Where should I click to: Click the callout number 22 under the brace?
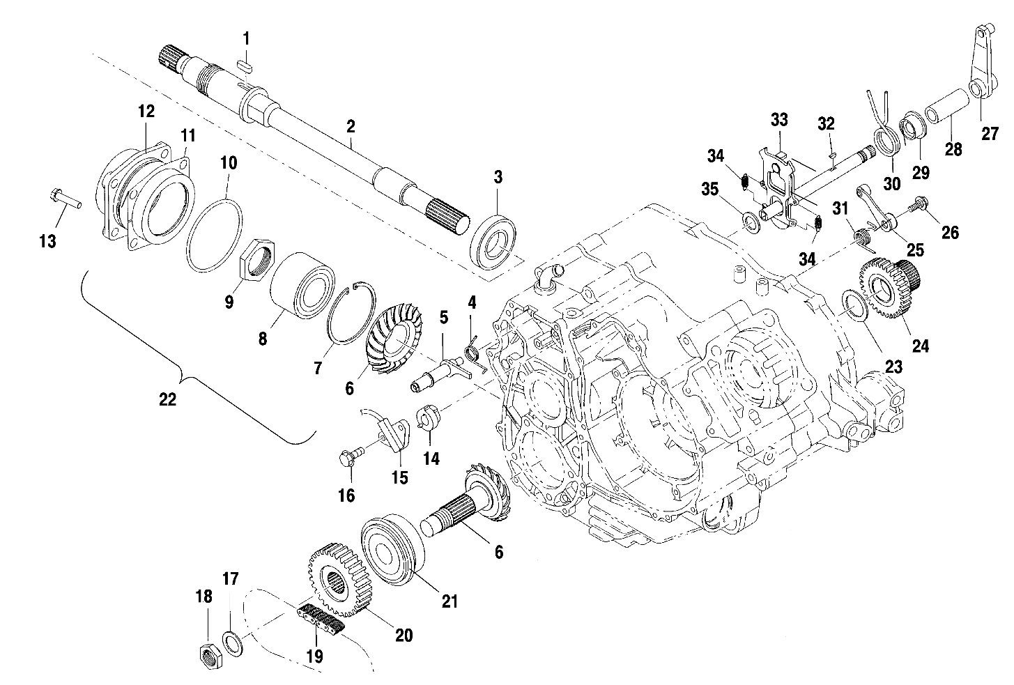point(168,399)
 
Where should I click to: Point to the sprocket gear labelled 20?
point(338,579)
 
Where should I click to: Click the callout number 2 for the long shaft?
point(351,127)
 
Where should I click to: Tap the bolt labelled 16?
point(346,458)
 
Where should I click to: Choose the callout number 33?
point(778,119)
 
